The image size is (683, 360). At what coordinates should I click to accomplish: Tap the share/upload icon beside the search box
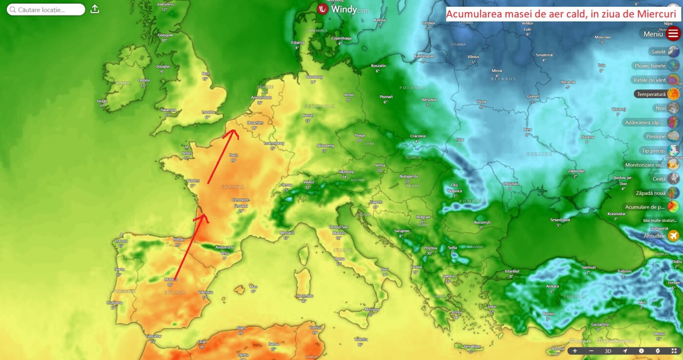(x=95, y=9)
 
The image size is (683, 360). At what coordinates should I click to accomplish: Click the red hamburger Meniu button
(x=673, y=34)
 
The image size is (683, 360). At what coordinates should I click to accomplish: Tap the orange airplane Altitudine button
(x=674, y=236)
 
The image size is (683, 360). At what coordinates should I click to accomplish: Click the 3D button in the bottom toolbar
(x=608, y=351)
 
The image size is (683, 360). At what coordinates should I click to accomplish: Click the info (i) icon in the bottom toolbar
(x=641, y=351)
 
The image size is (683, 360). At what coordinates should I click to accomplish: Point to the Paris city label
(x=233, y=155)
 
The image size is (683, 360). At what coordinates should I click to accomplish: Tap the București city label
(x=481, y=222)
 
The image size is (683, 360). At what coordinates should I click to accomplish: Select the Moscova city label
(x=603, y=37)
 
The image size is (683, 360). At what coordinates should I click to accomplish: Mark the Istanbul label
(x=512, y=271)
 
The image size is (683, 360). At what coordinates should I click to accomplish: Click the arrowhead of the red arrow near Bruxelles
(x=231, y=131)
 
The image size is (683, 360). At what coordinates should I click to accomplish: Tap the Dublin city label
(x=144, y=80)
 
